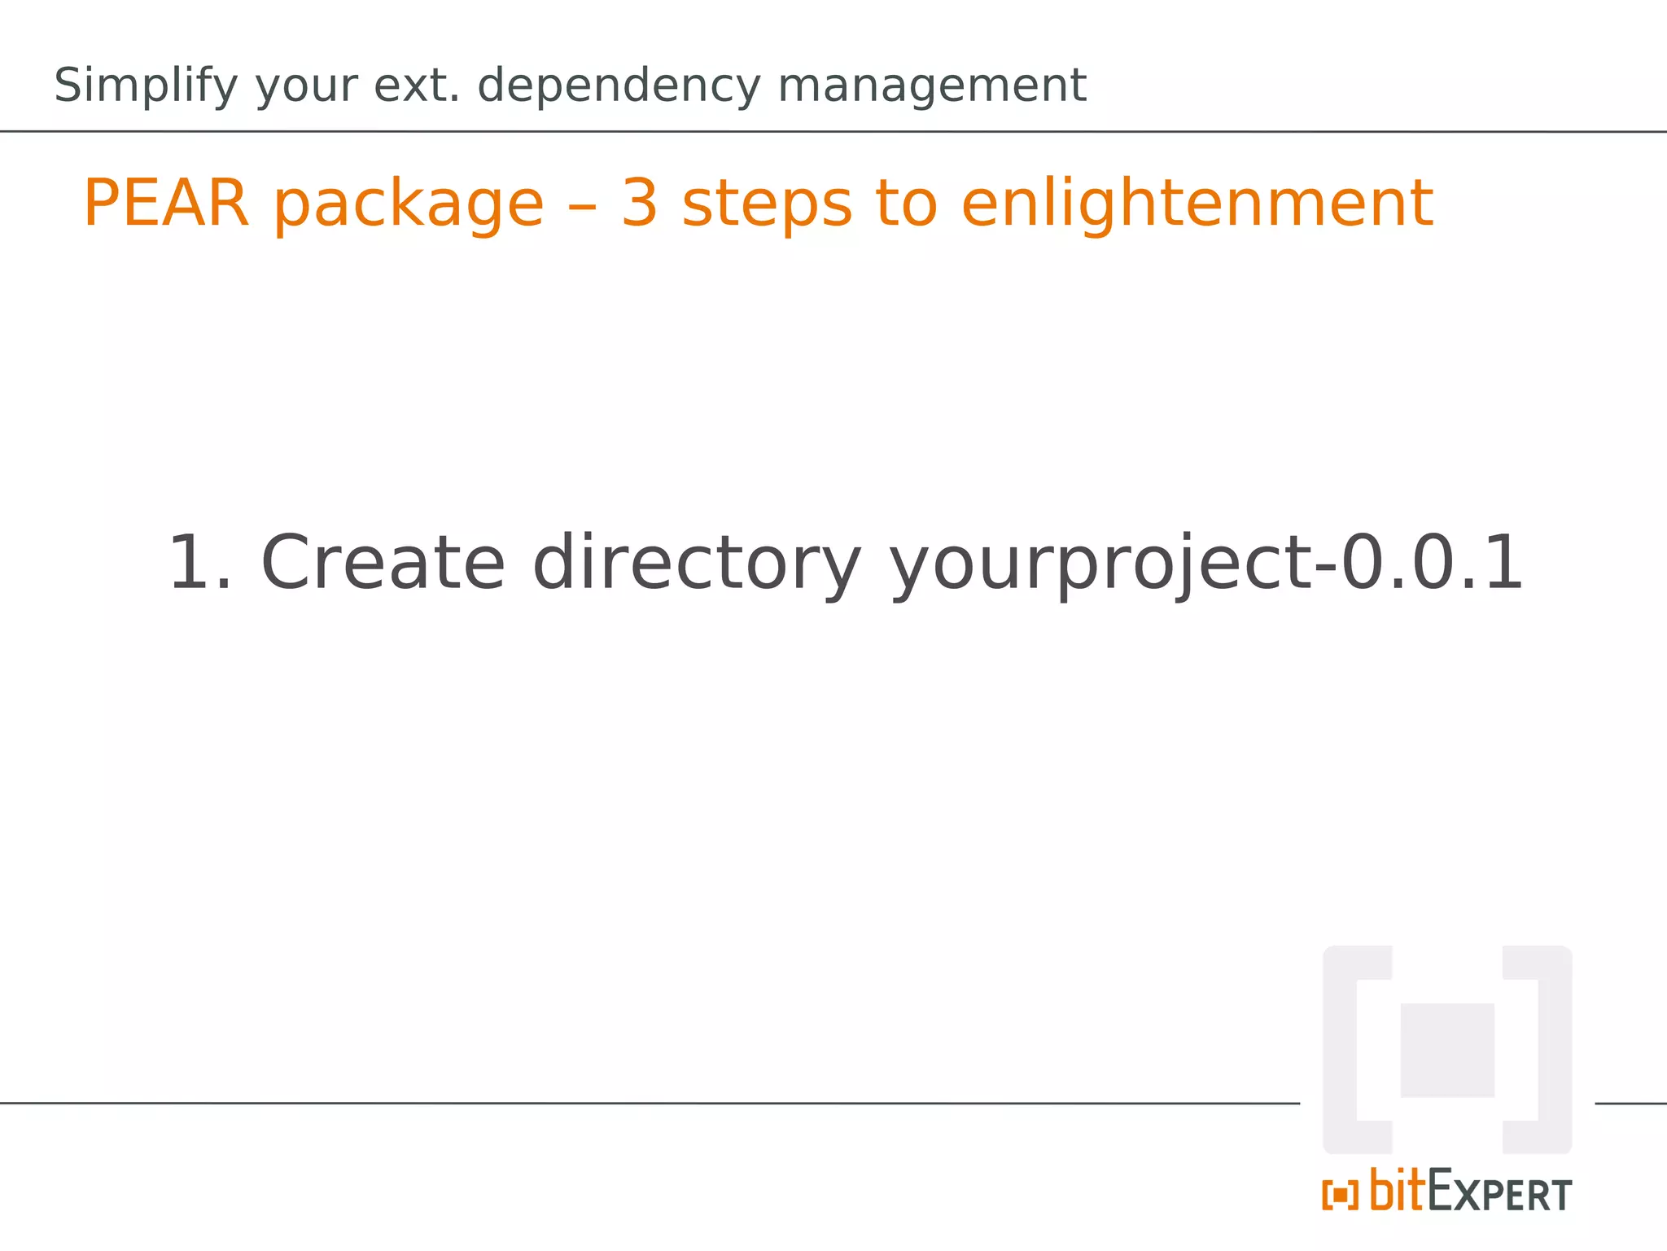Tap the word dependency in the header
coord(619,86)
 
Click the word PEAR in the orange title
coord(166,203)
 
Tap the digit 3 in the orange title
coord(639,203)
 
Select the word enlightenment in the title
coord(1197,204)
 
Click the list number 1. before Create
coord(199,563)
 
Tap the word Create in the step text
coord(383,563)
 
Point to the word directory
coord(696,564)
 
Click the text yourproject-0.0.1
coord(1205,564)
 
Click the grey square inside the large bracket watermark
coord(1446,1050)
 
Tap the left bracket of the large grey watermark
coord(1341,1050)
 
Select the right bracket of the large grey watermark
coord(1553,1050)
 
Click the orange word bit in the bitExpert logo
coord(1398,1191)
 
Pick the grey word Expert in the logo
coord(1499,1192)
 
